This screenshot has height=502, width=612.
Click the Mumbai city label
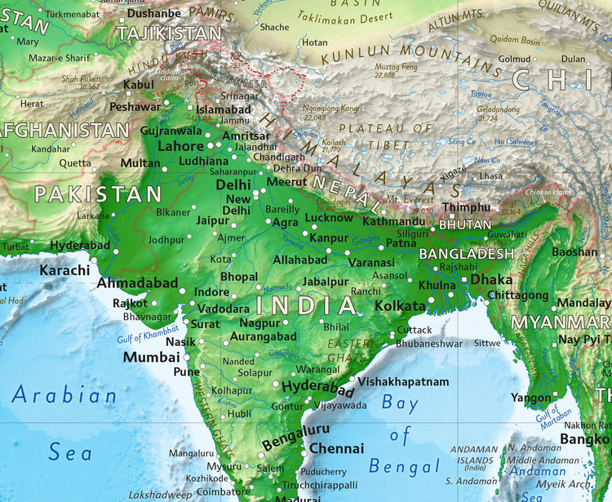151,358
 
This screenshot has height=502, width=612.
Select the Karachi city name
64,270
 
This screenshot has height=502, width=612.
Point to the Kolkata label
401,305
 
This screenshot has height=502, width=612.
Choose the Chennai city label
336,449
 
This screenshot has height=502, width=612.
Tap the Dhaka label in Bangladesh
491,279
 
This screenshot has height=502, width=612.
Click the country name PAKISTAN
99,194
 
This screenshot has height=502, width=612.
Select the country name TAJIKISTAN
169,33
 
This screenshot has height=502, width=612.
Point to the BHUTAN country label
465,224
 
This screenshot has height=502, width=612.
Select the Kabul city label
139,84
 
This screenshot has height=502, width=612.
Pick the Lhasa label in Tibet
491,176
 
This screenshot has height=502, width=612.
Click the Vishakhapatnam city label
403,382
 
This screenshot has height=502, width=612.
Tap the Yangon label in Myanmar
530,398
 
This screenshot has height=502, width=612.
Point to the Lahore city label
180,146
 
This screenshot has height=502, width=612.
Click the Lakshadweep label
161,495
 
